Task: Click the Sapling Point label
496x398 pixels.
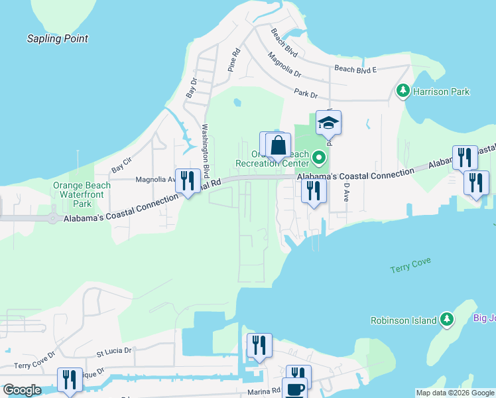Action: point(57,38)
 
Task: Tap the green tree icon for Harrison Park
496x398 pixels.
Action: point(402,90)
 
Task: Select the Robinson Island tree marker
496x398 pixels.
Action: point(447,320)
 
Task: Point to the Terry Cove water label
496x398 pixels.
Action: point(411,264)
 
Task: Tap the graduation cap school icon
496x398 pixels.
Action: point(328,123)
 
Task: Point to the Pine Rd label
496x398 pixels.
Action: point(233,60)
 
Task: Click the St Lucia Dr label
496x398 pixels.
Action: point(114,350)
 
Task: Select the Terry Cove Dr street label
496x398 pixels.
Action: point(34,365)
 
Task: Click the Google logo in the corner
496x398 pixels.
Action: point(21,390)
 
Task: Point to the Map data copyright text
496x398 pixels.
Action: point(454,393)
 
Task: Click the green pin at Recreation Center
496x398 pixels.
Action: point(319,158)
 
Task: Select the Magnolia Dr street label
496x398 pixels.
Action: point(284,65)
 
